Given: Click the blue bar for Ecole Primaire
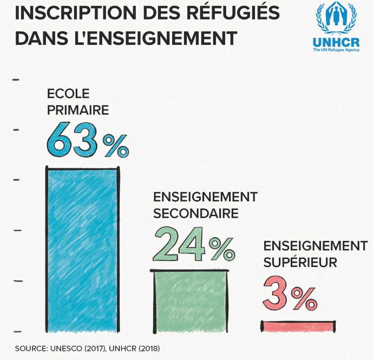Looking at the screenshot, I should coord(82,249).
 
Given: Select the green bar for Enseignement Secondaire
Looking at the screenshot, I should coord(188,300).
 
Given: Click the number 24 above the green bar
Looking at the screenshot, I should coord(178,245).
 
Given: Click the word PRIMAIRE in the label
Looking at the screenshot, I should coord(78,110).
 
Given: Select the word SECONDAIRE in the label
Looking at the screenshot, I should coord(196,213).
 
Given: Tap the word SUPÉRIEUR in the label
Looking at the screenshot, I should coord(300,263).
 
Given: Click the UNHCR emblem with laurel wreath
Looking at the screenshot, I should coord(336,21).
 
